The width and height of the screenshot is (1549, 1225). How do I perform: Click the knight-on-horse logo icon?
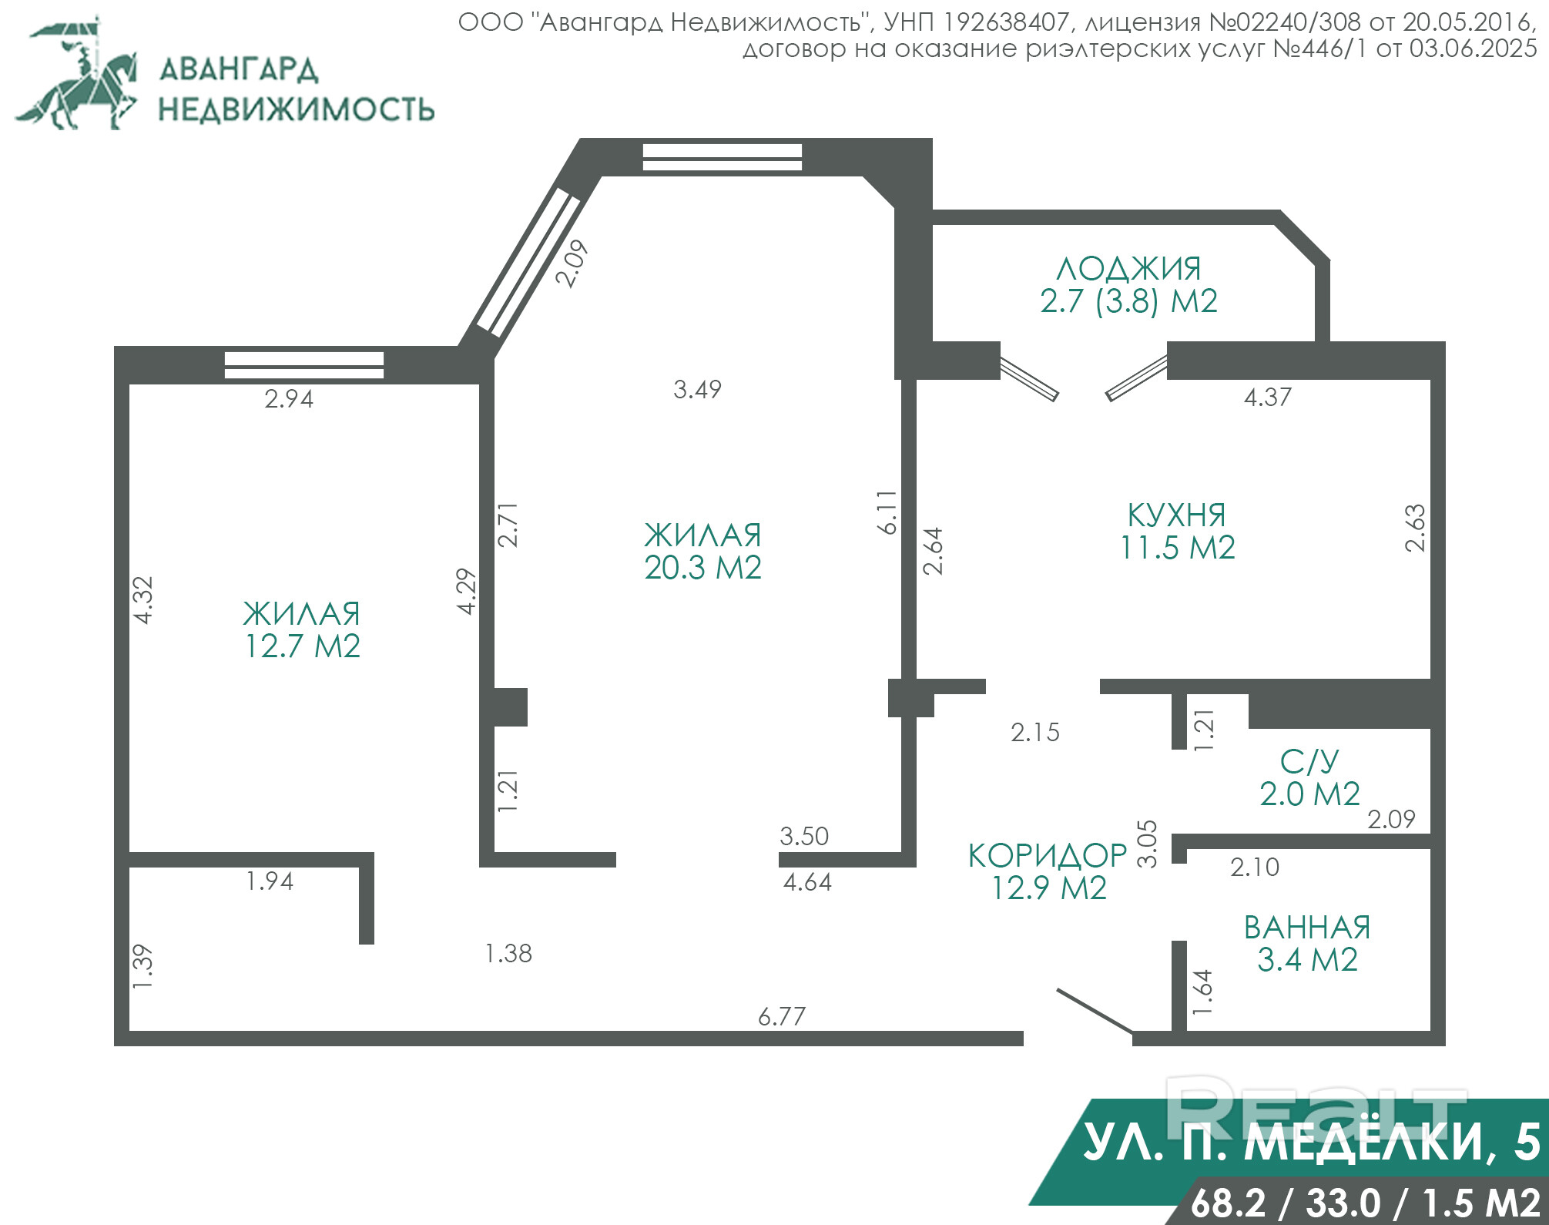tap(77, 73)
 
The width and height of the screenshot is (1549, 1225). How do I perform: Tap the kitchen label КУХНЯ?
tap(1176, 515)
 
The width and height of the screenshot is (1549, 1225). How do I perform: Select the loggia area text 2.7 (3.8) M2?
tap(1128, 301)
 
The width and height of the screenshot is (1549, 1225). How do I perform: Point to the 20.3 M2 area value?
tap(702, 568)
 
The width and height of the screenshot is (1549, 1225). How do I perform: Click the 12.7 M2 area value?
tap(302, 646)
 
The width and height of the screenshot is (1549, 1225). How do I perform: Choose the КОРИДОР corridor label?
tap(1048, 855)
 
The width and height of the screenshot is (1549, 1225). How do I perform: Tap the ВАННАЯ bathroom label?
tap(1307, 928)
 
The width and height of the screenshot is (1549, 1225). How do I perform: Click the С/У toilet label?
tap(1309, 762)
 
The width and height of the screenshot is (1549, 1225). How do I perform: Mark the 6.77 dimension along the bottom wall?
tap(782, 1017)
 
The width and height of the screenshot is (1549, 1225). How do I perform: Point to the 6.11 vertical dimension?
tap(887, 512)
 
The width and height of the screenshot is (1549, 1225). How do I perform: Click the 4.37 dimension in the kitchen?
tap(1268, 398)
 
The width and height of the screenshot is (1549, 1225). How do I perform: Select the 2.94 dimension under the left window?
tap(289, 399)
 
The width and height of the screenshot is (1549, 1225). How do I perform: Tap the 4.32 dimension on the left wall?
tap(143, 599)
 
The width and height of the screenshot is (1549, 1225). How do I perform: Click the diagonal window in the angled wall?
tap(528, 263)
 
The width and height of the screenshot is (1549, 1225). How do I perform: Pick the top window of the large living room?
tap(723, 157)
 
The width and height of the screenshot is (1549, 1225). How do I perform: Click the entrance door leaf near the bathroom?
tap(1095, 1010)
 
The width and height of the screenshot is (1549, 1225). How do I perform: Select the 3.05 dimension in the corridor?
tap(1148, 844)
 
